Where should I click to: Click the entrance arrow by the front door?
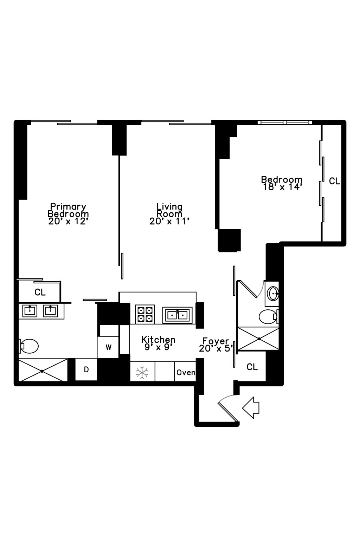pos(251,407)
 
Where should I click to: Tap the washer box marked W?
pos(108,347)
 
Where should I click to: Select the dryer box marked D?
pos(86,369)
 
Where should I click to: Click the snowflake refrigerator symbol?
pos(142,372)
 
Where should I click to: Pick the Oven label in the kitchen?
pos(186,372)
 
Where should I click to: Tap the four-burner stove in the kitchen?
pos(145,314)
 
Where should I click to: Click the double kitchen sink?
pos(177,315)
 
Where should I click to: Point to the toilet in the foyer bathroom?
pos(269,316)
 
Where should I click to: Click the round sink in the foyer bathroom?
pos(273,293)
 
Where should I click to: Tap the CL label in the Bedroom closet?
pos(334,181)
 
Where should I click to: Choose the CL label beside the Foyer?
pos(252,367)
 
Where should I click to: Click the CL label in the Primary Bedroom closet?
pos(40,292)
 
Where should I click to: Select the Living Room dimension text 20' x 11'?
pos(169,221)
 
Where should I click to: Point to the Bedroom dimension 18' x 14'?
pos(282,187)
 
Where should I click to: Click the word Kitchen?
pos(158,340)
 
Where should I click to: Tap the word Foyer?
pos(216,341)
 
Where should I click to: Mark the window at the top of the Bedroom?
pos(285,122)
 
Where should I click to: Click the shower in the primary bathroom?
pos(43,370)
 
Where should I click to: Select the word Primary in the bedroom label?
pos(68,206)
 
